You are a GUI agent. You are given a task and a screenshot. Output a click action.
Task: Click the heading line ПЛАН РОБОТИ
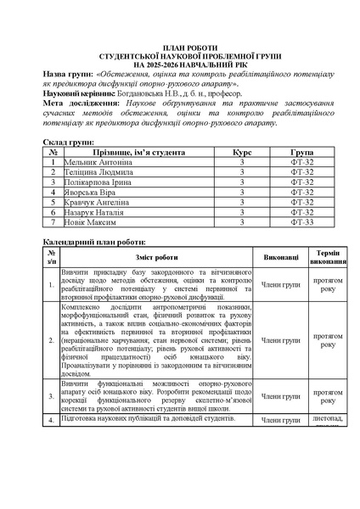[x=179, y=48]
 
